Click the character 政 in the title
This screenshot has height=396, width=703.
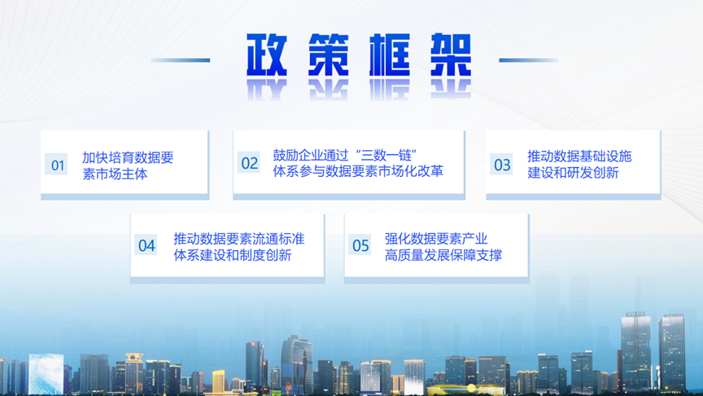(267, 55)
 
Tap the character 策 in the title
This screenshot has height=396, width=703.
(328, 55)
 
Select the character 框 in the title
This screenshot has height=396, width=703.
(390, 55)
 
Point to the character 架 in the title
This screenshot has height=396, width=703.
(451, 55)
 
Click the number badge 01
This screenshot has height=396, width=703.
(56, 165)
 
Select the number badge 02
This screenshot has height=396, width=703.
(249, 162)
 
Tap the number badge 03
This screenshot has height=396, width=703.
(501, 165)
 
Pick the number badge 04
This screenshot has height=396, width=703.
(146, 245)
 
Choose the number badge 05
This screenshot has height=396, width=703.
(360, 245)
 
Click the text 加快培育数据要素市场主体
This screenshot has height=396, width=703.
(128, 165)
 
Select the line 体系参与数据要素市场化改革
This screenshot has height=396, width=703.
(358, 171)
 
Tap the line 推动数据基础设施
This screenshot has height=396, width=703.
(579, 156)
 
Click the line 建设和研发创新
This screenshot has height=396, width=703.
(573, 173)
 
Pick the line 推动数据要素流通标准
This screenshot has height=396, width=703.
(239, 239)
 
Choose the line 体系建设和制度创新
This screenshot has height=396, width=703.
(233, 255)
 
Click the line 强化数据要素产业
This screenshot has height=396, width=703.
(436, 239)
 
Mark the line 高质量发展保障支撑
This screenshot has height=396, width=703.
(443, 255)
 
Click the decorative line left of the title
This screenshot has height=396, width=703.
(181, 59)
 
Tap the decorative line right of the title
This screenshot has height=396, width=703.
(529, 59)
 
